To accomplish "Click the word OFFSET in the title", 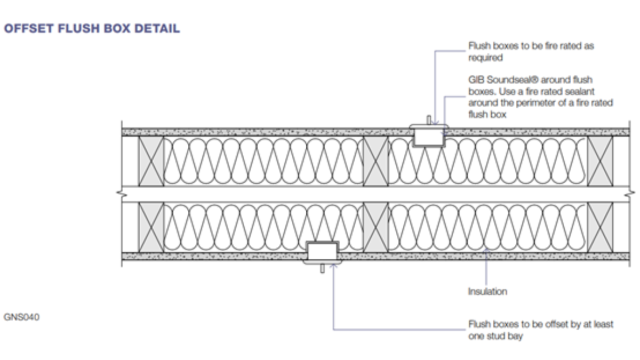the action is pyautogui.click(x=29, y=29).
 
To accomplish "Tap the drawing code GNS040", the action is pyautogui.click(x=21, y=317).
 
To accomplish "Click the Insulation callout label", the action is pyautogui.click(x=487, y=291).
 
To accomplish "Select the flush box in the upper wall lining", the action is pyautogui.click(x=429, y=137).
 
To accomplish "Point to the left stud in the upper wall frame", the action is pyautogui.click(x=151, y=161).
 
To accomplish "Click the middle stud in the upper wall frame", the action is pyautogui.click(x=375, y=161).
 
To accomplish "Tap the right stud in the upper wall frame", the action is pyautogui.click(x=600, y=161).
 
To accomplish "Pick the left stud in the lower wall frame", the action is pyautogui.click(x=151, y=227).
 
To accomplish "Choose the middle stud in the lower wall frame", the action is pyautogui.click(x=375, y=227).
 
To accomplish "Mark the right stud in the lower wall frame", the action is pyautogui.click(x=600, y=227).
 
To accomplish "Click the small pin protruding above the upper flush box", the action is pyautogui.click(x=429, y=120).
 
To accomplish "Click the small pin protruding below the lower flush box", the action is pyautogui.click(x=322, y=269).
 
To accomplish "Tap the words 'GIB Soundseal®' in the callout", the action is pyautogui.click(x=503, y=79).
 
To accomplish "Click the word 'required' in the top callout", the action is pyautogui.click(x=485, y=58).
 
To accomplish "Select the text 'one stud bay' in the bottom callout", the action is pyautogui.click(x=495, y=337).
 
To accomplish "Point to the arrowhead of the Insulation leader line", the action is pyautogui.click(x=486, y=250).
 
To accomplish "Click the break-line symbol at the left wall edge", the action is pyautogui.click(x=122, y=194).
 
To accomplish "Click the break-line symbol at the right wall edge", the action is pyautogui.click(x=630, y=194).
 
